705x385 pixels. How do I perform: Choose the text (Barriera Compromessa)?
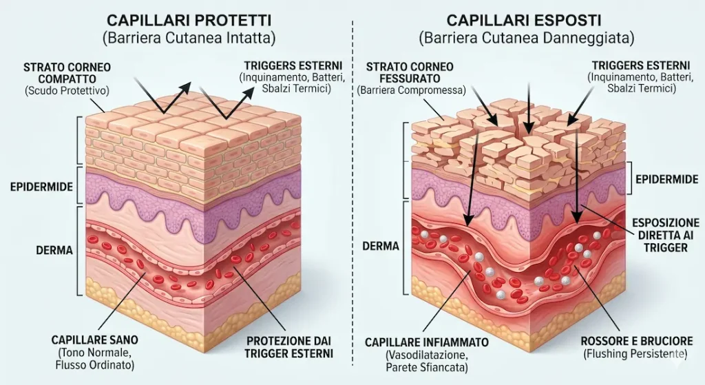pos(410,90)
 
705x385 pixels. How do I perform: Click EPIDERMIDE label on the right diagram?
pos(666,178)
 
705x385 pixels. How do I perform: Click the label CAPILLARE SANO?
pos(95,340)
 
